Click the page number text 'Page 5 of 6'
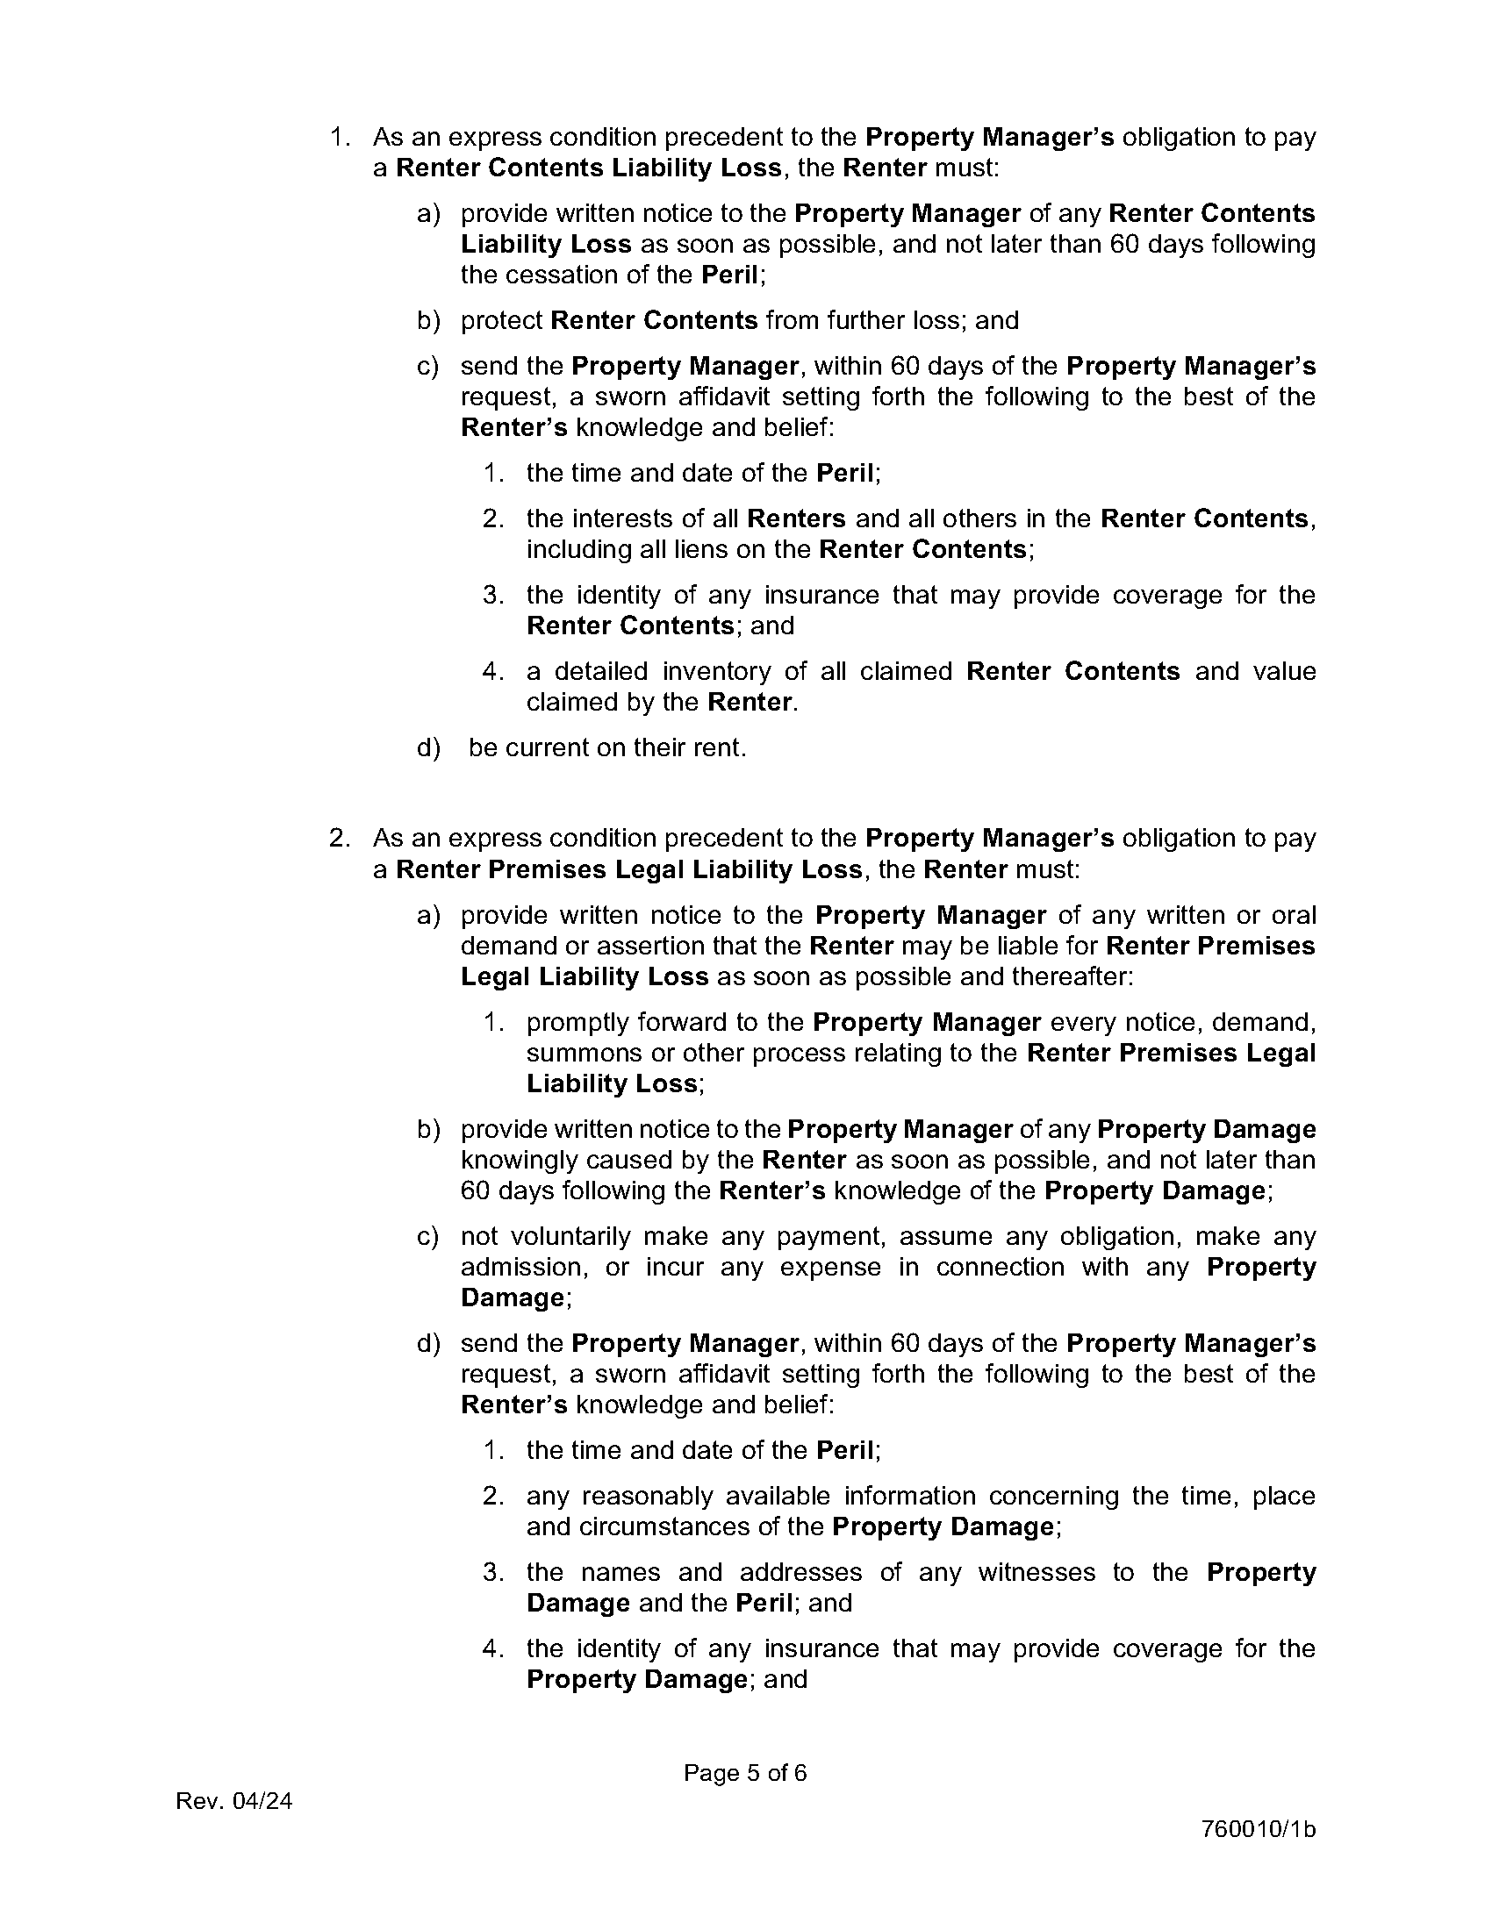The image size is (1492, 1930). pos(744,1773)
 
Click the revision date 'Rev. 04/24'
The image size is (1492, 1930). pos(234,1801)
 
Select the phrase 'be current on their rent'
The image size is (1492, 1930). pos(606,747)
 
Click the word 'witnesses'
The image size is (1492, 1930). pos(1036,1572)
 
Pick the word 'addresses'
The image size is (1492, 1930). pos(800,1572)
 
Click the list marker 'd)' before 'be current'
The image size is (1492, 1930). pos(428,747)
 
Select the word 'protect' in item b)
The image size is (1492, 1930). pos(501,320)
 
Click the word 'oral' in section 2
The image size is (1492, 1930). pos(1294,915)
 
